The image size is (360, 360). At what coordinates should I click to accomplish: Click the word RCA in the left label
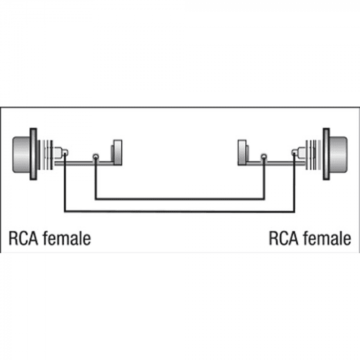[23, 239]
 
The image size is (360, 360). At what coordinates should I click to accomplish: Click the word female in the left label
[66, 238]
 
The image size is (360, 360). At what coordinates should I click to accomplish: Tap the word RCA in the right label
[283, 239]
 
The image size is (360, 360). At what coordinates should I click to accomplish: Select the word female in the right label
[327, 238]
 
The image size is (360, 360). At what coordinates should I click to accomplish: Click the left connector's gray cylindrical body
[22, 154]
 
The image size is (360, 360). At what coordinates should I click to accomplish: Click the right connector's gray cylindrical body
[338, 154]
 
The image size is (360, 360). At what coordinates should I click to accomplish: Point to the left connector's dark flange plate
[33, 154]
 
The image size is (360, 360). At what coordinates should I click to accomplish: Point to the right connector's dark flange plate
[326, 154]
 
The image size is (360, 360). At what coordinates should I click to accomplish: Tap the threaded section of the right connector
[314, 155]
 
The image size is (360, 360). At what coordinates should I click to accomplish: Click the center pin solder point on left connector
[65, 152]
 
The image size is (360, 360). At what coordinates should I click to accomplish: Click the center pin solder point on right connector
[295, 152]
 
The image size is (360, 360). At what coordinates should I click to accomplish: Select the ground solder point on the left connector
[96, 157]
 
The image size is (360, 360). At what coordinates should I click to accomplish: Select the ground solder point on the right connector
[264, 157]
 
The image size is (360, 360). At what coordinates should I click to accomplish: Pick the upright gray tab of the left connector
[117, 152]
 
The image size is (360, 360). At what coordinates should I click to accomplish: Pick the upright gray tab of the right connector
[242, 152]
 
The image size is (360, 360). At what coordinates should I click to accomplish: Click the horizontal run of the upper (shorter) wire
[180, 199]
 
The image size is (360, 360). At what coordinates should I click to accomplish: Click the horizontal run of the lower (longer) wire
[179, 211]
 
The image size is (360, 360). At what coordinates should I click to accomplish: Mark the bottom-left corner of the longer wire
[65, 211]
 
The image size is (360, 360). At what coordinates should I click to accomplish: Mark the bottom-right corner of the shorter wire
[264, 199]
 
